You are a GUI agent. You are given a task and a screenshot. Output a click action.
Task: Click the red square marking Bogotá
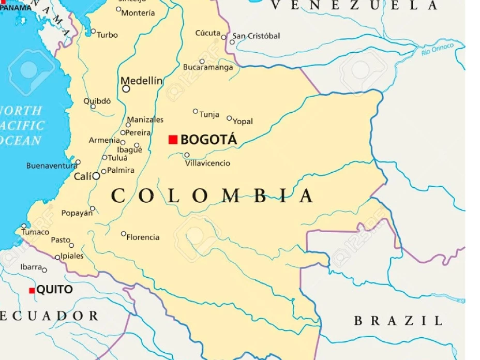pos(173,140)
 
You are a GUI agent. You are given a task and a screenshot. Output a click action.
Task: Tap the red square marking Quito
pos(32,291)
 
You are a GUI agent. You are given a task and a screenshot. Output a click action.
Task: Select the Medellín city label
pos(141,81)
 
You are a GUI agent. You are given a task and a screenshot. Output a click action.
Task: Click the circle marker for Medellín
pos(126,89)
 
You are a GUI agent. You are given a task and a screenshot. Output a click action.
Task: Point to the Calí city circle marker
pos(96,176)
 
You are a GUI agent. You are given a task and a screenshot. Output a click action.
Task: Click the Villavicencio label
pos(207,163)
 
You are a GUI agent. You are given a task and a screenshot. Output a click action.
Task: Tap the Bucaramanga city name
pos(208,67)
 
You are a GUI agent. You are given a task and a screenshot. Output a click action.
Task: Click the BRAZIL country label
pos(398,321)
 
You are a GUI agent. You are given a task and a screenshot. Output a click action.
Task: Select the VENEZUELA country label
pos(354,6)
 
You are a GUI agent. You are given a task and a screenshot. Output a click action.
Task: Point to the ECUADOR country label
pos(49,316)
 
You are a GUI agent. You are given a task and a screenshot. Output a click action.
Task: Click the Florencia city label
pos(143,237)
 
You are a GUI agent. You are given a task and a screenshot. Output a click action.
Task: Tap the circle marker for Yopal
pos(229,118)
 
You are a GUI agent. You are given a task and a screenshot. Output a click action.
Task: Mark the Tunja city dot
pos(196,111)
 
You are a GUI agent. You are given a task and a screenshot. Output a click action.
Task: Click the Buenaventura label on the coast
pos(51,166)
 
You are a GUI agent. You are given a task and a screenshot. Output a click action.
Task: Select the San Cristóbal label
pos(256,36)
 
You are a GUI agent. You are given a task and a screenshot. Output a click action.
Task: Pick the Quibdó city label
pos(97,101)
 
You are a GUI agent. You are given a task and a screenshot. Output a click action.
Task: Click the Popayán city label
pos(77,213)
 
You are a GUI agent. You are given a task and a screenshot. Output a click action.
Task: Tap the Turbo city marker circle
pos(93,32)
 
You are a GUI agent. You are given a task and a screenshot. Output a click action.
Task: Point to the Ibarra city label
pos(31,267)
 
